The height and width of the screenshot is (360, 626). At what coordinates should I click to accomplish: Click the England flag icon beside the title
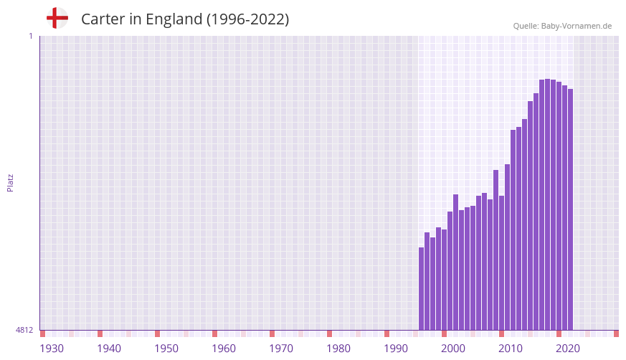57,18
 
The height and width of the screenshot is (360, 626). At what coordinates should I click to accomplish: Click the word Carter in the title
103,19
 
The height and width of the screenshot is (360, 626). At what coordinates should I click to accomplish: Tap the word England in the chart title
174,19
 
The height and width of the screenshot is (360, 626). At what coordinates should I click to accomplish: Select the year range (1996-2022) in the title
248,19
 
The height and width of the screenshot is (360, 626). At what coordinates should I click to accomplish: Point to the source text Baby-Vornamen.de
576,26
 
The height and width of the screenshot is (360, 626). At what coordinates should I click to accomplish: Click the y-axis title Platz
10,182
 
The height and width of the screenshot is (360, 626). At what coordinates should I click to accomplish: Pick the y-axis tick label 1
30,36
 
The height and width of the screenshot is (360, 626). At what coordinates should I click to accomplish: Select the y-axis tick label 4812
24,330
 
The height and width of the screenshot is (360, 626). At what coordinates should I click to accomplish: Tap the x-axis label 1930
52,349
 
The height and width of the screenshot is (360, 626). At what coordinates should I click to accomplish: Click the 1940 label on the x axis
109,349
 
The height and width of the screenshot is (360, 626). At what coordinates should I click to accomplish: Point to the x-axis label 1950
166,349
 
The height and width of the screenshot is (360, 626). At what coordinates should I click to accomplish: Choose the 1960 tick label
224,349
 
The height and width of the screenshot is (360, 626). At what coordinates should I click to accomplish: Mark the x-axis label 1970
281,349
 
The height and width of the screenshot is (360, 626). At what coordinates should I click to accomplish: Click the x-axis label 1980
338,349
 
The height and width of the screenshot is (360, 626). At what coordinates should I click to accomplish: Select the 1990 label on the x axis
396,349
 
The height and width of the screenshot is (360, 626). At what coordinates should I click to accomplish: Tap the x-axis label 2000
453,349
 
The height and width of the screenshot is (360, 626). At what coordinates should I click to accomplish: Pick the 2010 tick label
511,349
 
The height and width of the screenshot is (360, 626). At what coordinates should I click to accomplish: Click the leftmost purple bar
422,288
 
